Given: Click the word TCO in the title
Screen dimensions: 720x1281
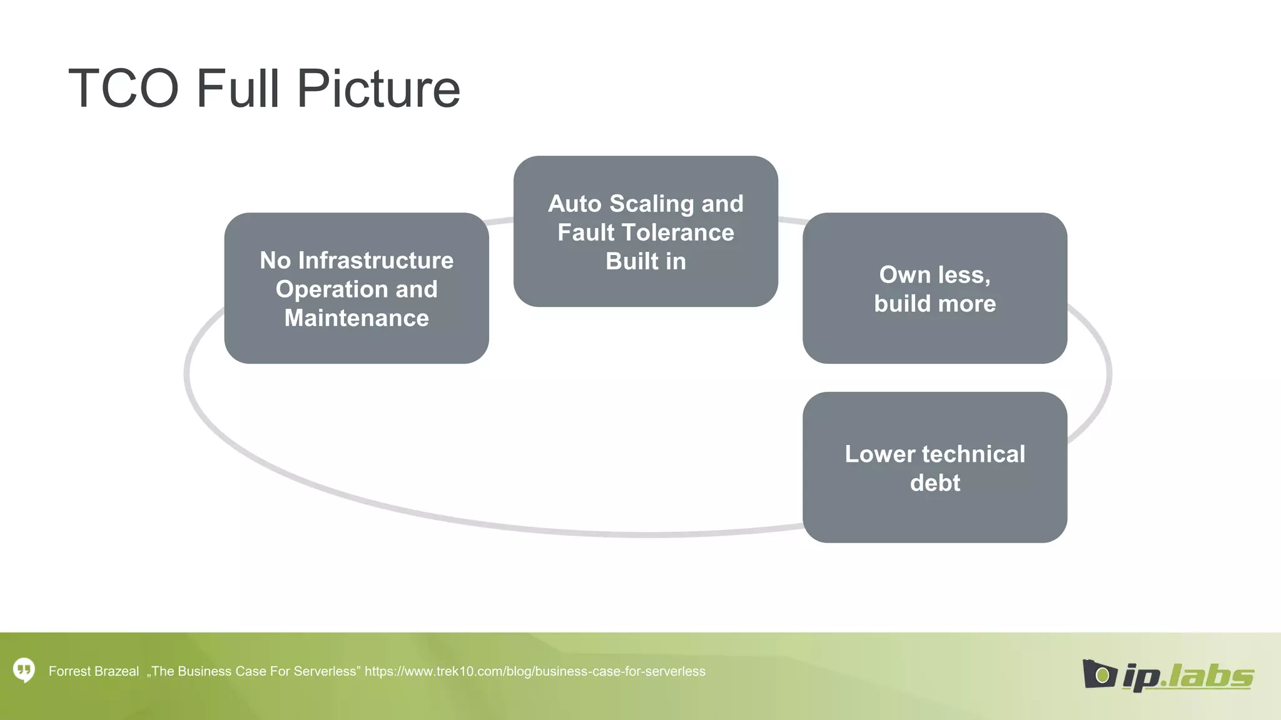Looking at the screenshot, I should coord(124,89).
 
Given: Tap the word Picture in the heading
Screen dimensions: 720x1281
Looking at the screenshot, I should coord(378,89).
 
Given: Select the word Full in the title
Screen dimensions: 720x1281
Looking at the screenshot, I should coord(238,89).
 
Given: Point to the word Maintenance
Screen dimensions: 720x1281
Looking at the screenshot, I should coord(357,318).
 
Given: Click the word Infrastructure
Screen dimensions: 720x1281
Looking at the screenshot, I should coord(375,261).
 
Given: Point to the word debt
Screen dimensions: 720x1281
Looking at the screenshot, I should coord(934,483).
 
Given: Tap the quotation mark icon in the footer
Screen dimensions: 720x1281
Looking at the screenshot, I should coord(24,671).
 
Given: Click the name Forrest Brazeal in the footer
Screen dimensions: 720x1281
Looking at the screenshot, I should coord(94,671).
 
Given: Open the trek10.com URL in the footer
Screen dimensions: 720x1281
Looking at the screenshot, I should coord(535,671).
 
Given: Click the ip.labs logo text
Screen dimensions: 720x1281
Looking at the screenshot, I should coord(1188,676).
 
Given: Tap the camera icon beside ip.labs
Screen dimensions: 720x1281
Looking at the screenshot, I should coord(1098,674).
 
